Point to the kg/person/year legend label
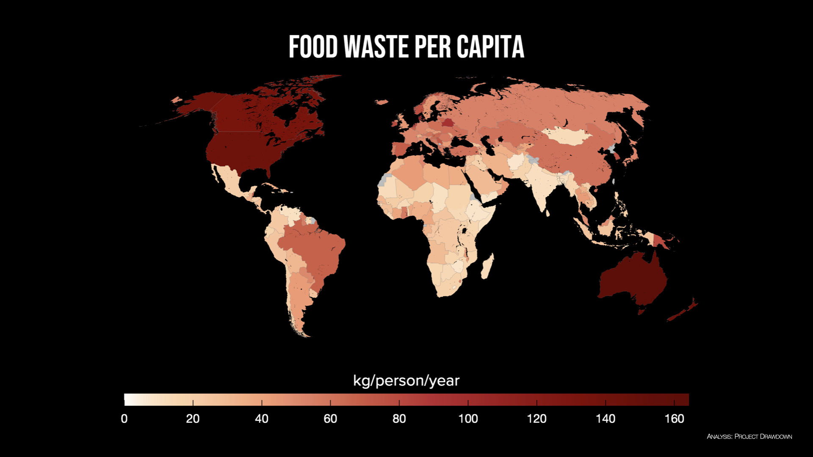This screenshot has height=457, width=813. [x=406, y=380]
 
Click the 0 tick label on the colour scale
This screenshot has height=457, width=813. [x=124, y=419]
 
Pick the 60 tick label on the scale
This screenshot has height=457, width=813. [x=330, y=419]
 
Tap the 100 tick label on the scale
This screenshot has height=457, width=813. [x=468, y=419]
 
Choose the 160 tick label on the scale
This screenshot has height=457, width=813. [x=674, y=419]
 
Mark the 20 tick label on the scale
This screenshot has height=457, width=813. [x=193, y=419]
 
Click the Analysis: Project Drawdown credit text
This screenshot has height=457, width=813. [x=749, y=436]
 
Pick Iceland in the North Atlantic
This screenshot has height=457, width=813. [x=382, y=102]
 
